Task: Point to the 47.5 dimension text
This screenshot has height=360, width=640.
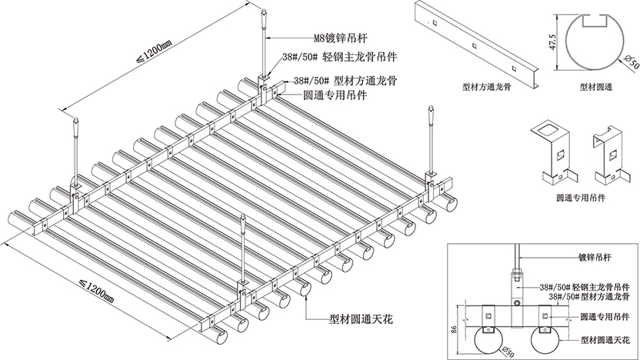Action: [552, 40]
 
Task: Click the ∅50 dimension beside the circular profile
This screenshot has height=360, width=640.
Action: [628, 60]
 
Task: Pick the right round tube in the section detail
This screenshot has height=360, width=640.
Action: [548, 339]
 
